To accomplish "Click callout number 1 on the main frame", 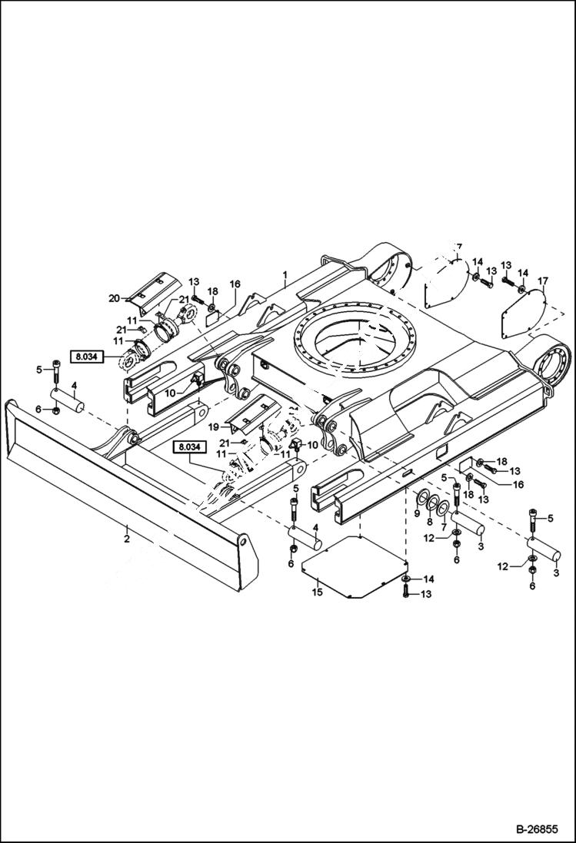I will (285, 274).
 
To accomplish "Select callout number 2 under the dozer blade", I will (127, 538).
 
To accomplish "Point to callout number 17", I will (543, 281).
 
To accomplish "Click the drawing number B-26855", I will (540, 831).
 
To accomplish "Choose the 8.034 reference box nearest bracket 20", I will (89, 357).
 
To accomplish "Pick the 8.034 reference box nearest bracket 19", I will (190, 446).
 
